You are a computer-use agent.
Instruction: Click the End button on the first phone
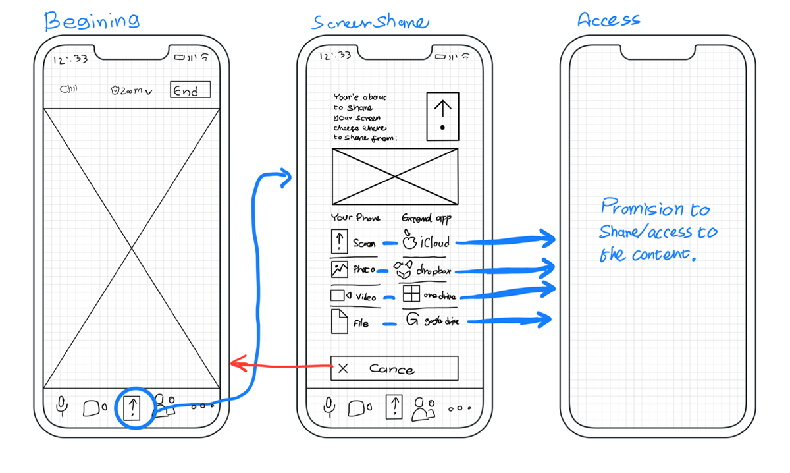pos(190,90)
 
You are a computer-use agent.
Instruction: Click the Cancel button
pos(394,368)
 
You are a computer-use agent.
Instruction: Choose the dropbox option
pos(425,269)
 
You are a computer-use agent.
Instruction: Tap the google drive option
pos(431,321)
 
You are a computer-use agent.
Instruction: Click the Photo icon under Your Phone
pos(339,269)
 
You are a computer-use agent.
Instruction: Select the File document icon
pos(338,321)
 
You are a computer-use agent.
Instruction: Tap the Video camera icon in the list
pos(340,296)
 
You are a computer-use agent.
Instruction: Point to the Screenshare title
pos(370,22)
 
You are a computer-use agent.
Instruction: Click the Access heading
pos(608,20)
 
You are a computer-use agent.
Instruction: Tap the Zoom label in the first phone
pos(131,91)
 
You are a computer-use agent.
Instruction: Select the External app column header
pos(426,218)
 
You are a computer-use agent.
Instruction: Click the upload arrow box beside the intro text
pos(442,116)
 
